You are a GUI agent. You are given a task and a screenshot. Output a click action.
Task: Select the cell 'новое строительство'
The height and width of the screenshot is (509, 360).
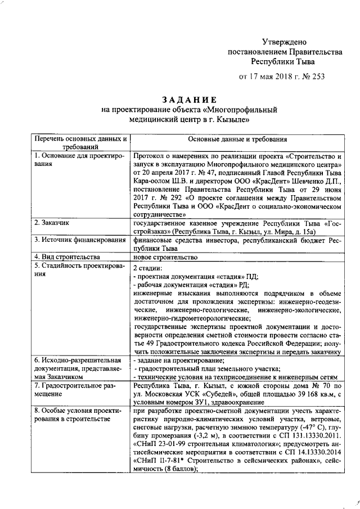165,257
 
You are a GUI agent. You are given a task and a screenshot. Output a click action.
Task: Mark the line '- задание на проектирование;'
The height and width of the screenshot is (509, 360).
178,360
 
